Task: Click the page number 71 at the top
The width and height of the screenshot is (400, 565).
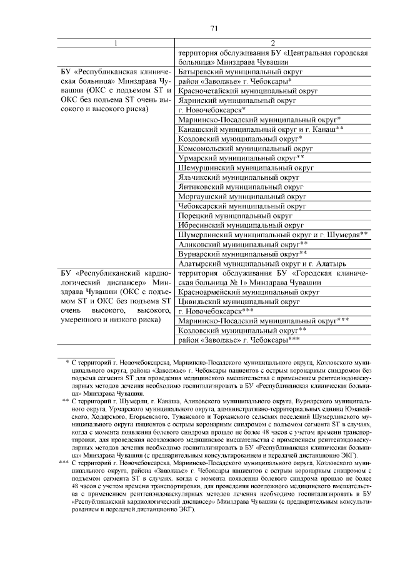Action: pyautogui.click(x=214, y=28)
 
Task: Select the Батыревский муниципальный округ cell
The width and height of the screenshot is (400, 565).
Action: pyautogui.click(x=241, y=72)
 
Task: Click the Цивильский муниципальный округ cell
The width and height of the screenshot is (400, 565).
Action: pyautogui.click(x=239, y=301)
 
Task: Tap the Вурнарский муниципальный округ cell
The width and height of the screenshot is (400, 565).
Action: pyautogui.click(x=242, y=253)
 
